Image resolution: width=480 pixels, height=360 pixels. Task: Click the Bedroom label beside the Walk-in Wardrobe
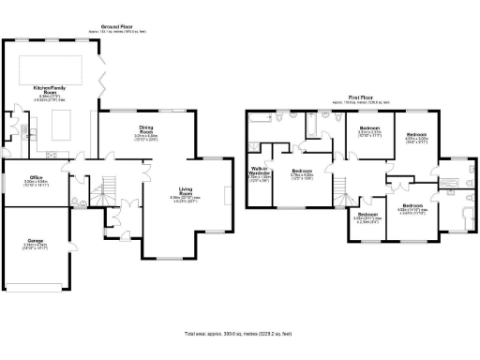tap(301, 171)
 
